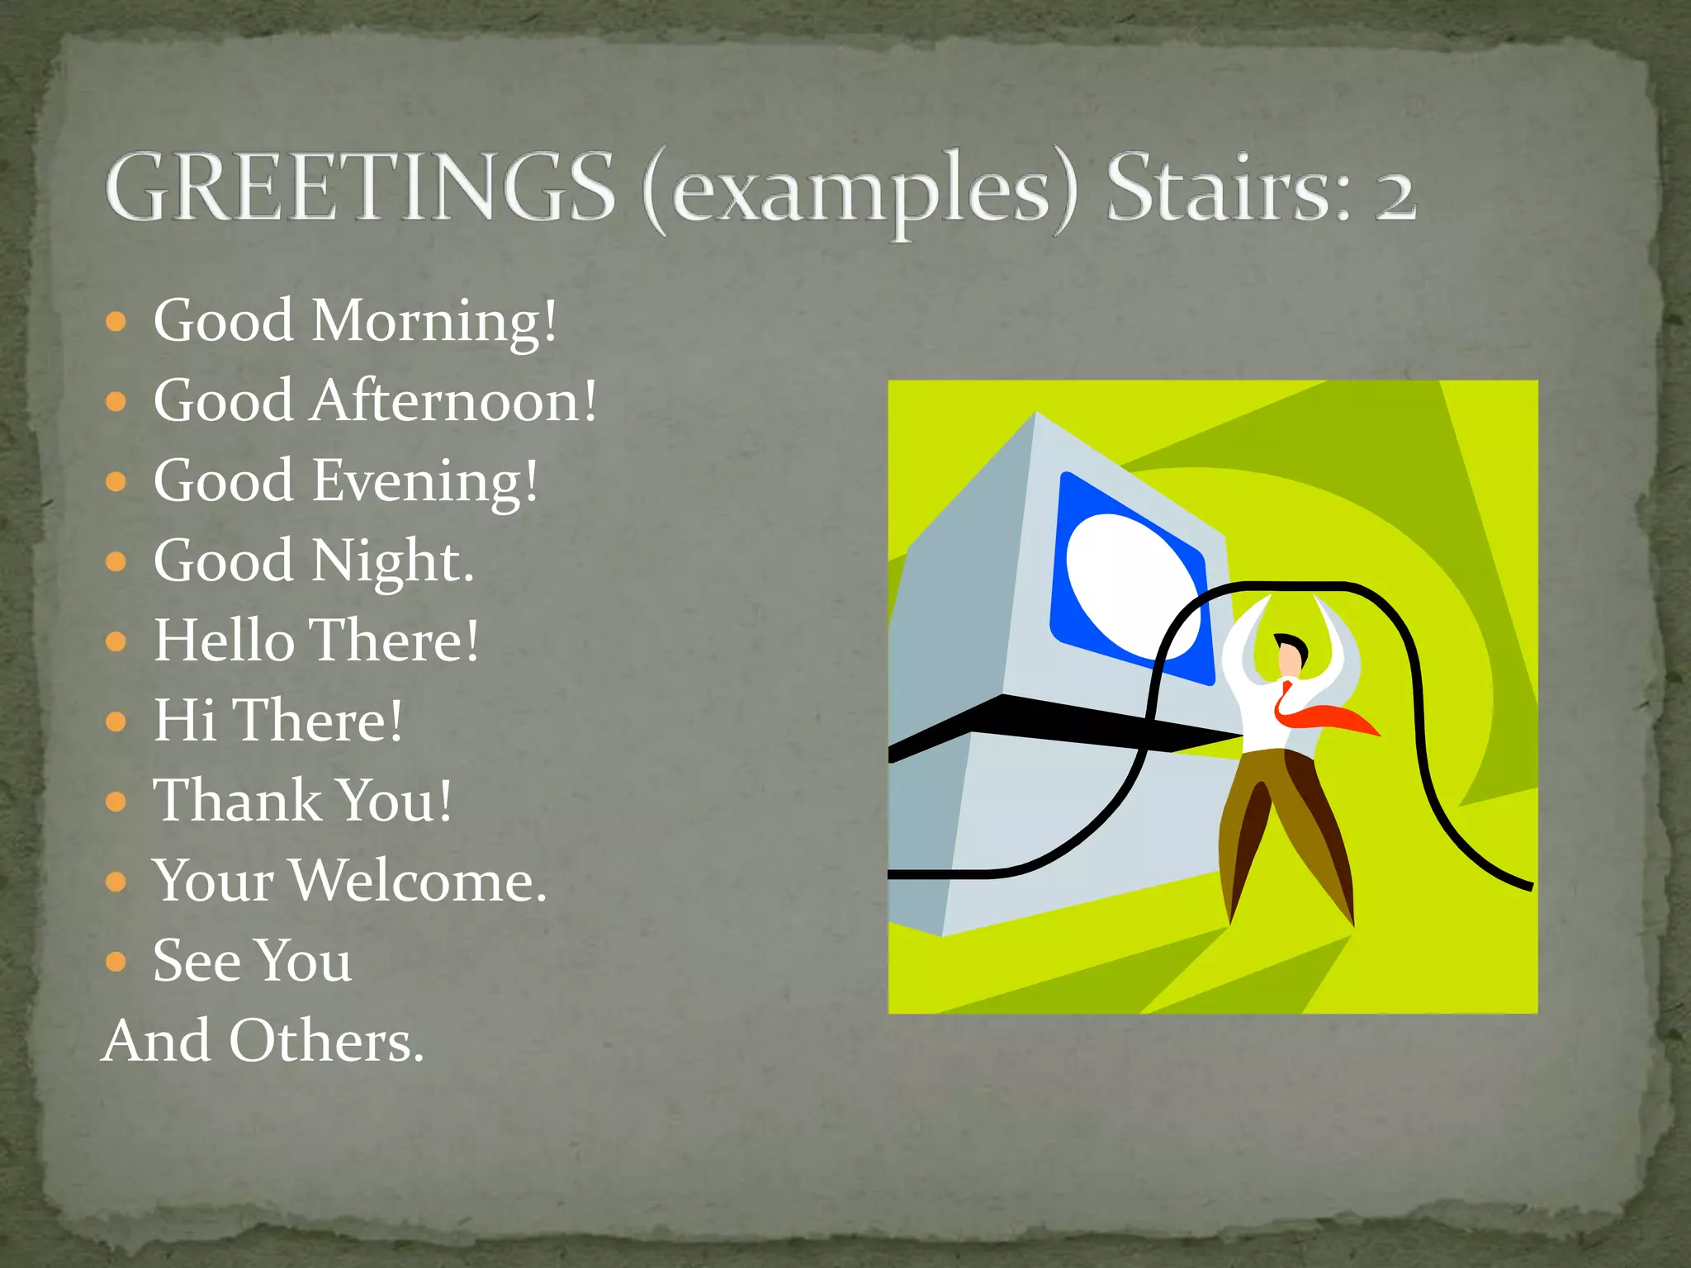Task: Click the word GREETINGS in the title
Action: coord(360,187)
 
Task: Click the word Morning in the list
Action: coord(434,321)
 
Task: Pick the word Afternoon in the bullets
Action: coord(453,401)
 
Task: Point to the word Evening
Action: coord(424,481)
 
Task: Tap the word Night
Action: coord(392,561)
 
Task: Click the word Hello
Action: coord(225,641)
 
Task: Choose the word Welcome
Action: coord(419,881)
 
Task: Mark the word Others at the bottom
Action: coord(326,1041)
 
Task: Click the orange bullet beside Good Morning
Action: coord(116,321)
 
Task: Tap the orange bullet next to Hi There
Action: coord(116,722)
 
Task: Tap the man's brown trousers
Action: coord(1284,817)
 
